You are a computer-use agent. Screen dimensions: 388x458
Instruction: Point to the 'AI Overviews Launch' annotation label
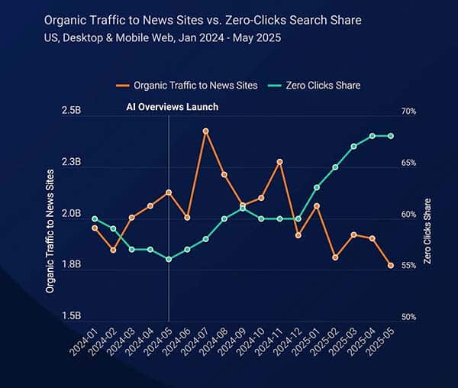coord(172,107)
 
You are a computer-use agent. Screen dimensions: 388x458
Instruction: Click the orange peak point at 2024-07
coord(205,131)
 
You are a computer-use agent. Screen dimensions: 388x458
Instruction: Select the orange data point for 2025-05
coord(391,266)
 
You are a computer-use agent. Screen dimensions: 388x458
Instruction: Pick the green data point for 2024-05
coord(169,259)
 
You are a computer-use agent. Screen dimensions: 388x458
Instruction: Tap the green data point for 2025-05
coord(391,136)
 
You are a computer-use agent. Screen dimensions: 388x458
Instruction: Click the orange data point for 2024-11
coord(280,161)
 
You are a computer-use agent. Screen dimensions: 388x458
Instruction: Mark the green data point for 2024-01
coord(95,219)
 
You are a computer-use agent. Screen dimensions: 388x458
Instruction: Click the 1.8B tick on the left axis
coord(71,265)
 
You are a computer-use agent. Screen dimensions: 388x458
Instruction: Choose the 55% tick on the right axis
coord(408,265)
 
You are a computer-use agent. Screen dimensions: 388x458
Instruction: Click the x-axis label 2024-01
coord(86,341)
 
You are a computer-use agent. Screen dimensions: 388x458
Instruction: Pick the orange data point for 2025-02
coord(335,257)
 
